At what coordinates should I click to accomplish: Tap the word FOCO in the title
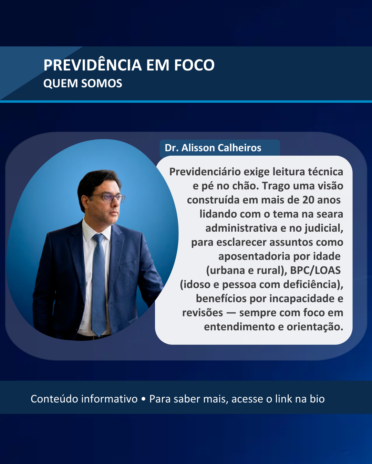[194, 65]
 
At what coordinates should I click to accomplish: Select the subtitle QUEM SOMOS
[83, 84]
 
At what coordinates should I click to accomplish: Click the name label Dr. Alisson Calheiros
[213, 148]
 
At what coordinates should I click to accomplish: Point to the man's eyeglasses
[108, 198]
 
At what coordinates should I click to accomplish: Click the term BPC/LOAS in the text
[315, 270]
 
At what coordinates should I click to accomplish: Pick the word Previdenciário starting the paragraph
[205, 172]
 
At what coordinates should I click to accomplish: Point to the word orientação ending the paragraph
[315, 327]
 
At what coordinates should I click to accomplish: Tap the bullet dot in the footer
[143, 399]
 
